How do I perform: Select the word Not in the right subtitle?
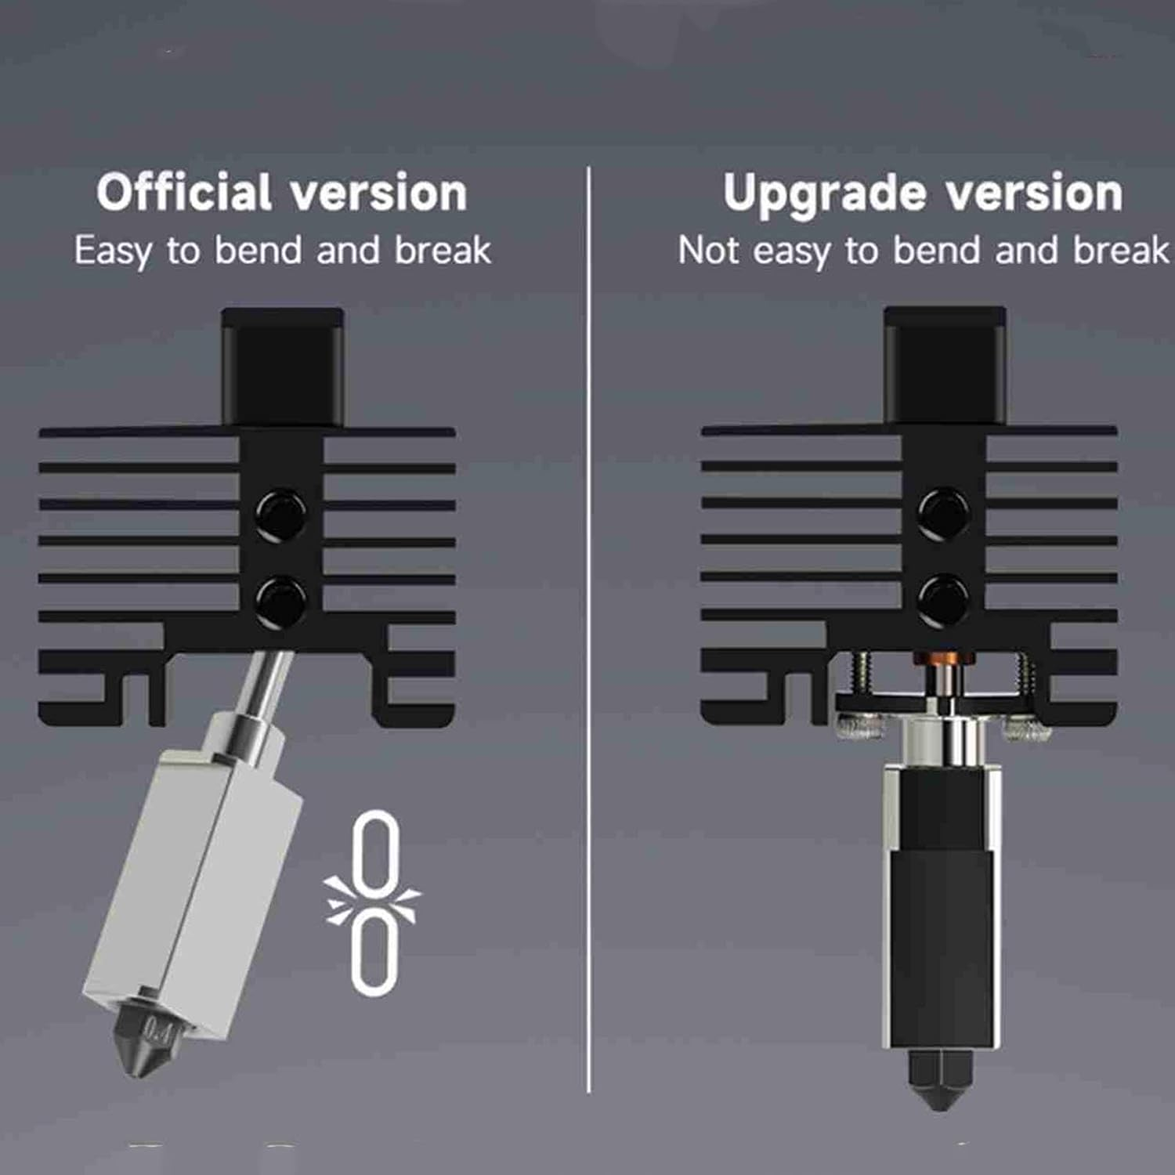point(708,251)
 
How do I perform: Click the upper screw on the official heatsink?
point(281,514)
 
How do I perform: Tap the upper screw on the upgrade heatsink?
point(943,513)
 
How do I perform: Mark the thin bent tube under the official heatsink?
point(266,681)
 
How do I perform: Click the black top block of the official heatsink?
point(282,365)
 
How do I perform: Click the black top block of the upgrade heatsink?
point(945,365)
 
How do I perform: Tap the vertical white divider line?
point(588,627)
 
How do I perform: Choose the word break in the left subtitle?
point(443,251)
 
